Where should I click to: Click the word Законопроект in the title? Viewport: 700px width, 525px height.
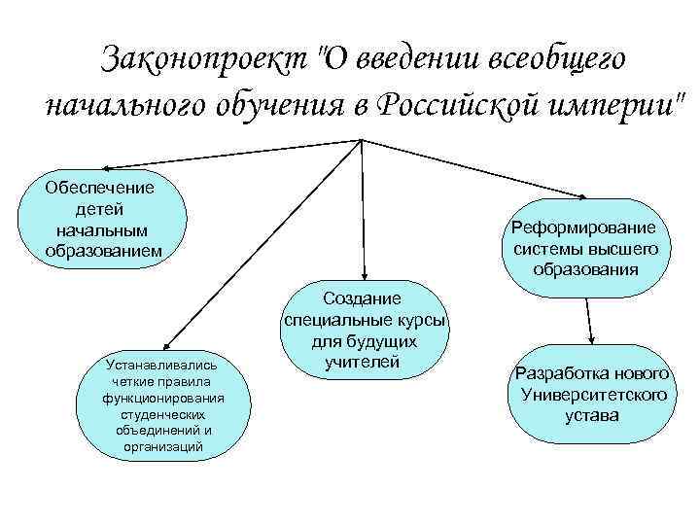[204, 57]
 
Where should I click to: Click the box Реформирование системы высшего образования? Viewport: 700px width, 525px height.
[585, 248]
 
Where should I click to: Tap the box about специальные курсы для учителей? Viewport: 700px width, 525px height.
[364, 331]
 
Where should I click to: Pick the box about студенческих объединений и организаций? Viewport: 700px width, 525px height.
[163, 405]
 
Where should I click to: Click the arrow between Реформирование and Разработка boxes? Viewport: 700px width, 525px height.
[587, 321]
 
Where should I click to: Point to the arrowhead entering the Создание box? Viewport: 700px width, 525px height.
[364, 275]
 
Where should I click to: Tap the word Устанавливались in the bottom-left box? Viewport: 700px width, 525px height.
[163, 364]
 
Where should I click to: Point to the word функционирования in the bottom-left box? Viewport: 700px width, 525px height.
[163, 398]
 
